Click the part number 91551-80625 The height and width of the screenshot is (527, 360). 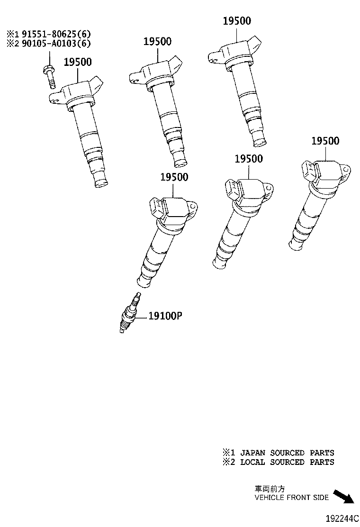coord(43,34)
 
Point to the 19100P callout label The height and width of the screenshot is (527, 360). coord(165,316)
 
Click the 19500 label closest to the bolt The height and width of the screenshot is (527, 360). coord(78,62)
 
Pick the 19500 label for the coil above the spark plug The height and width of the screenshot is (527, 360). coord(174,177)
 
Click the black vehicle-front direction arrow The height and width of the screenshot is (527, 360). coord(343,497)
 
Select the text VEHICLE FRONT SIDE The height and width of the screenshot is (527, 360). coord(291,498)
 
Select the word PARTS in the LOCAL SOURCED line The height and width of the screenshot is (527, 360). coord(322,462)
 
